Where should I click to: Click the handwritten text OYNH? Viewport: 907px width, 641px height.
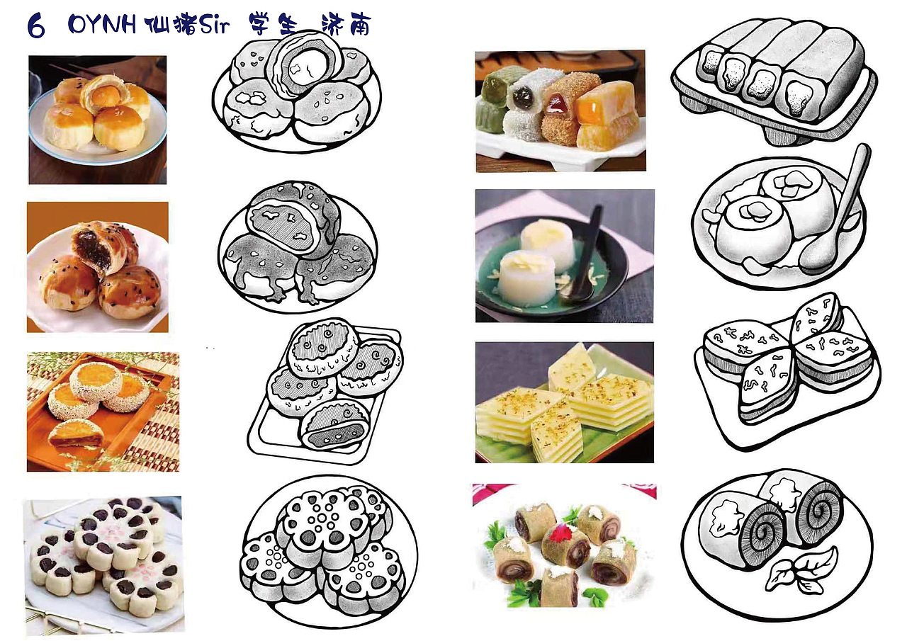click(103, 25)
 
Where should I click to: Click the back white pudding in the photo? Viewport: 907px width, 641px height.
click(548, 234)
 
